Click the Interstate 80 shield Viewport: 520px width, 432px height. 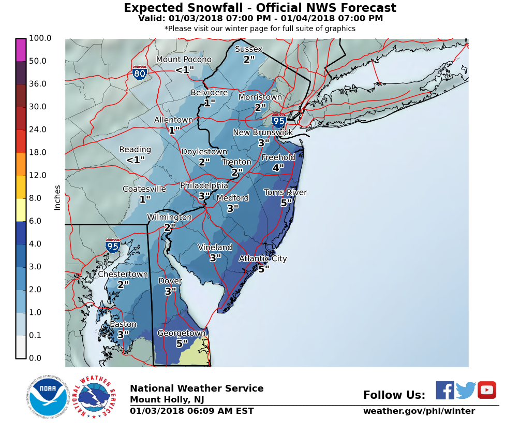[x=139, y=73]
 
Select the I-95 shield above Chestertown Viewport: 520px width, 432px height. [x=113, y=245]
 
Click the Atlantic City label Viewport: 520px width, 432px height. [x=262, y=258]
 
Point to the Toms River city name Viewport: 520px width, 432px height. [x=285, y=192]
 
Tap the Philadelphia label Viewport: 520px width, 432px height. [x=204, y=185]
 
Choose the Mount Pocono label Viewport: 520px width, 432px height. [x=184, y=59]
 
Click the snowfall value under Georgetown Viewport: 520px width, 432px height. [x=182, y=343]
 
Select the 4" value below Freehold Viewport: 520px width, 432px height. [x=278, y=167]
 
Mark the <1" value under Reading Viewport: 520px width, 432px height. [x=135, y=160]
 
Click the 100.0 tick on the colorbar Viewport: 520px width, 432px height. [x=40, y=38]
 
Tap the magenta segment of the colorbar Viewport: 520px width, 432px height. [x=21, y=50]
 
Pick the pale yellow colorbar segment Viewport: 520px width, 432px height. [x=21, y=210]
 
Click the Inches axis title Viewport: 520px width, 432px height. [x=57, y=197]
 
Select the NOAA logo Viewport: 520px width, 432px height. [x=48, y=397]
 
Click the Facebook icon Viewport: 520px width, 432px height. [x=444, y=390]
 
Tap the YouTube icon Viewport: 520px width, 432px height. [x=486, y=390]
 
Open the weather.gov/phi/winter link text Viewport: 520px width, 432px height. [x=419, y=411]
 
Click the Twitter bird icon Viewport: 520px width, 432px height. [x=466, y=390]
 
